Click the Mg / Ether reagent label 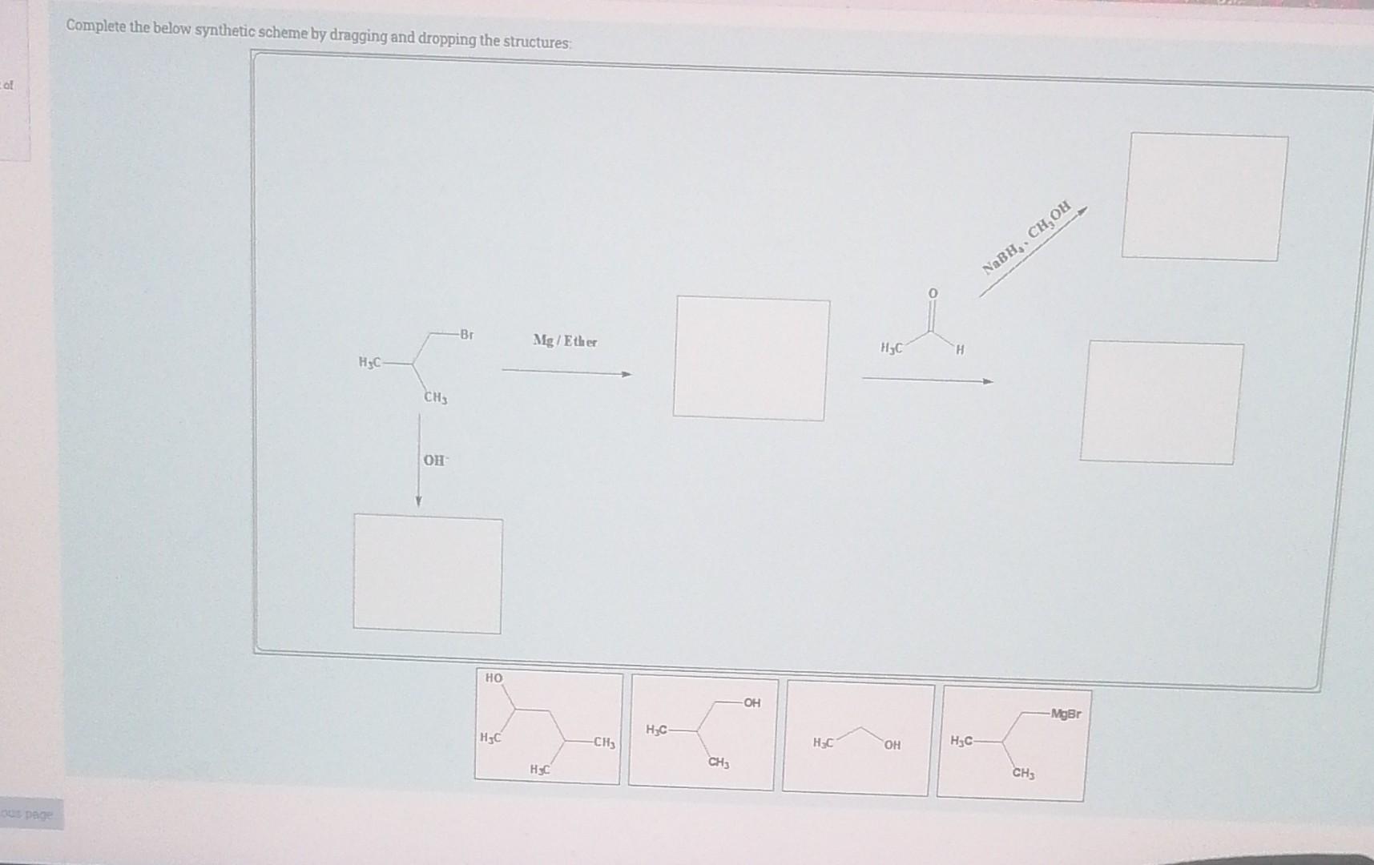tap(565, 341)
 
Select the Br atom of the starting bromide tap(466, 334)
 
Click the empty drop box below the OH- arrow tap(428, 574)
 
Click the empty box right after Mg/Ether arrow tap(750, 357)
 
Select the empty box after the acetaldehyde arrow tap(1161, 402)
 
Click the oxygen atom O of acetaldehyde tap(933, 294)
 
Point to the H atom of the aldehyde tap(961, 350)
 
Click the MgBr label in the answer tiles tap(1066, 713)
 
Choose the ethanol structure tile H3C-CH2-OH tap(858, 738)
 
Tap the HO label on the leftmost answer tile tap(494, 678)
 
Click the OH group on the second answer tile tap(752, 702)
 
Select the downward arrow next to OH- tap(418, 461)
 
